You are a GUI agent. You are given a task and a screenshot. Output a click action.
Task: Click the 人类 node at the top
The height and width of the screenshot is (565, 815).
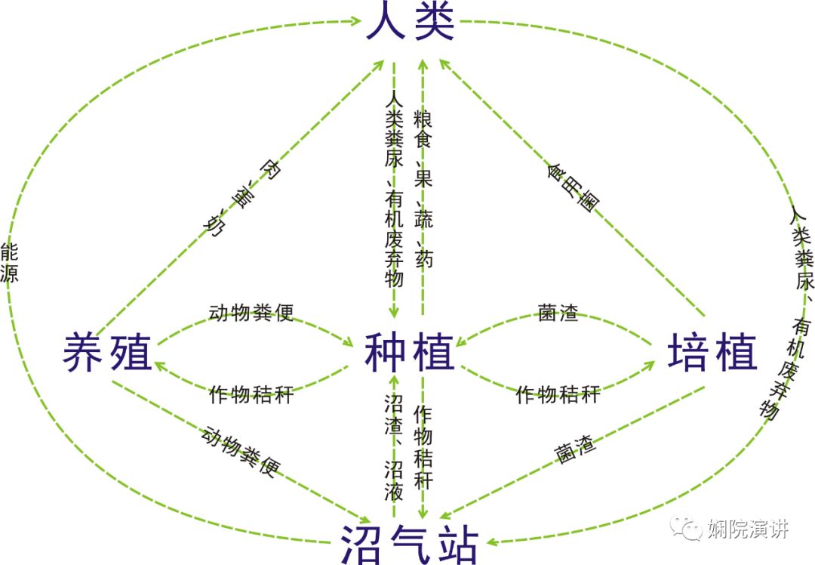click(411, 23)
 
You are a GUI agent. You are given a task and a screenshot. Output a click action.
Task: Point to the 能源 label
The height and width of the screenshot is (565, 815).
click(10, 262)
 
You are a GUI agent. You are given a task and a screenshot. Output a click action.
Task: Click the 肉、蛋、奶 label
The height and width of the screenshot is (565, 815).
click(240, 199)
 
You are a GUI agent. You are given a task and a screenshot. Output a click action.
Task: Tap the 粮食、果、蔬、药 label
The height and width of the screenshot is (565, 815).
click(424, 189)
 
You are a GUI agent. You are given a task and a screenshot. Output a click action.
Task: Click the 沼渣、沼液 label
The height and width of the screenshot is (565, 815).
click(393, 457)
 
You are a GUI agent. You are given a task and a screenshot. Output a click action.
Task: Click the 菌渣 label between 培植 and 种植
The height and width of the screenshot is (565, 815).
click(558, 313)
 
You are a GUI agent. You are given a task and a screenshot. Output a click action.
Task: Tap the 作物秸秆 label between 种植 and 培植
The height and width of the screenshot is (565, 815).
click(558, 394)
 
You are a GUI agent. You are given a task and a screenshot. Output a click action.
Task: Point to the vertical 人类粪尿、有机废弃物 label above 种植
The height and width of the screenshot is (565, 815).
click(393, 189)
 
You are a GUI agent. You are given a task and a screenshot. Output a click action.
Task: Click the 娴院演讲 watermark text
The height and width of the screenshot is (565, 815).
click(747, 528)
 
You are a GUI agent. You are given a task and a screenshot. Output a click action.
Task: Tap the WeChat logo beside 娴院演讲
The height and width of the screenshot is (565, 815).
click(689, 528)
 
